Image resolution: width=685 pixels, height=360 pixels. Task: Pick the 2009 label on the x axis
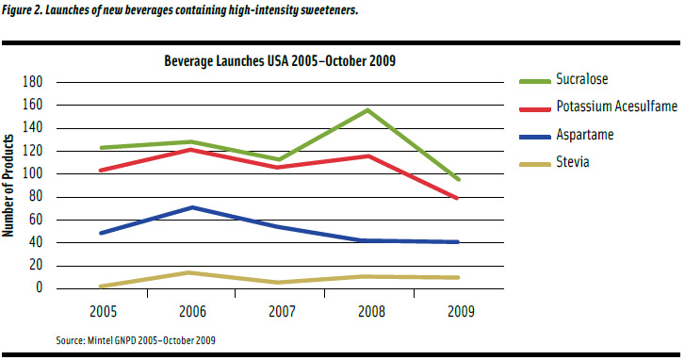coord(459,310)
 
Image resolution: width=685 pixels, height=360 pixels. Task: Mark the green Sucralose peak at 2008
coord(367,109)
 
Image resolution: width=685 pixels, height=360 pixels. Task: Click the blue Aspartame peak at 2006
coord(192,207)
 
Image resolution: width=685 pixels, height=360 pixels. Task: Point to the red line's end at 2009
coord(458,198)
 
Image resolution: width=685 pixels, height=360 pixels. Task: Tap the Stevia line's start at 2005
coord(100,286)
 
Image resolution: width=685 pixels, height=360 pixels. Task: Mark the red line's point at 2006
coord(192,149)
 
